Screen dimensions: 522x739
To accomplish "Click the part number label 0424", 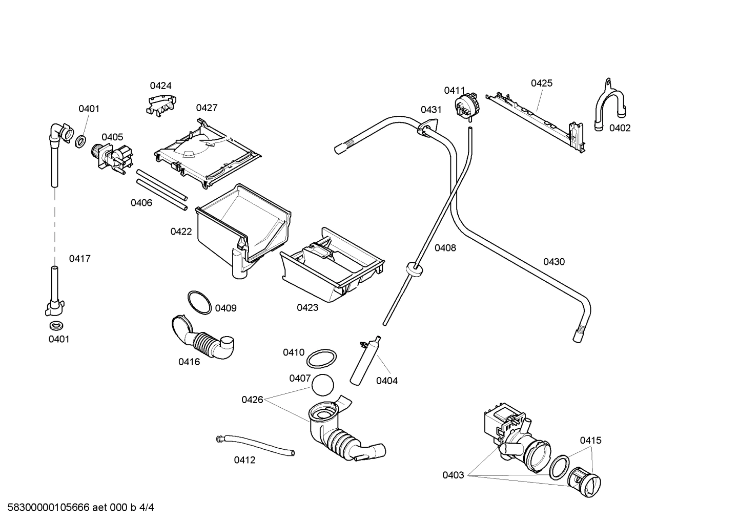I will pyautogui.click(x=160, y=86).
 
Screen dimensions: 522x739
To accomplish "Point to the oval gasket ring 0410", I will pyautogui.click(x=322, y=359).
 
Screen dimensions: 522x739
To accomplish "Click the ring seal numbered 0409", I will pyautogui.click(x=199, y=302).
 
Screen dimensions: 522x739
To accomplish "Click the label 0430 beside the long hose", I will pyautogui.click(x=553, y=262).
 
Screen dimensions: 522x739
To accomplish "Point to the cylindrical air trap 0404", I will pyautogui.click(x=365, y=361).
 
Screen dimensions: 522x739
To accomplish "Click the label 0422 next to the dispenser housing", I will pyautogui.click(x=181, y=232).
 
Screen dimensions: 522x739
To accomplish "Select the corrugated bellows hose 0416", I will pyautogui.click(x=202, y=339).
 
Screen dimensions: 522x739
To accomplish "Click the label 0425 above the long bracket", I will pyautogui.click(x=541, y=83).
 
